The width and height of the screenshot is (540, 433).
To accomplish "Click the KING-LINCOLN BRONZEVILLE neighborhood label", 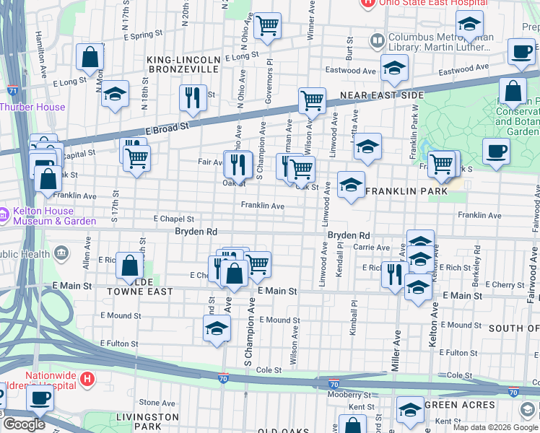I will tap(183, 64).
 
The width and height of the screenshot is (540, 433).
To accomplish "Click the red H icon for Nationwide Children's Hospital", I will tap(87, 377).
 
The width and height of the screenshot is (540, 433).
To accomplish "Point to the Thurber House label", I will tap(32, 107).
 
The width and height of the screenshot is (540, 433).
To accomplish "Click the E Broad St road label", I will tap(166, 126).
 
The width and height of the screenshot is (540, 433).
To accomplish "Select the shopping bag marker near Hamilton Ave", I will tap(90, 56).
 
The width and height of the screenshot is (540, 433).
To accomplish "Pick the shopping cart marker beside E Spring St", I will tap(267, 26).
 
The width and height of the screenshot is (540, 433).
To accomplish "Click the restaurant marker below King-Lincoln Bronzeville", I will tap(192, 98).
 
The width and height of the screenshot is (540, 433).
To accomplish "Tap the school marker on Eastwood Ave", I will tap(394, 69).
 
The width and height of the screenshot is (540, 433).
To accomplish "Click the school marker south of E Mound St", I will tap(216, 329).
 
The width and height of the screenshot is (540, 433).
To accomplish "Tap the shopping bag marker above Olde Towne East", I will tap(129, 266).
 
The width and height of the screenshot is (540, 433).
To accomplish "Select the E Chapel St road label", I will tap(174, 219).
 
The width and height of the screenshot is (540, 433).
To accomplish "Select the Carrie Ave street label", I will tap(372, 248).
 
